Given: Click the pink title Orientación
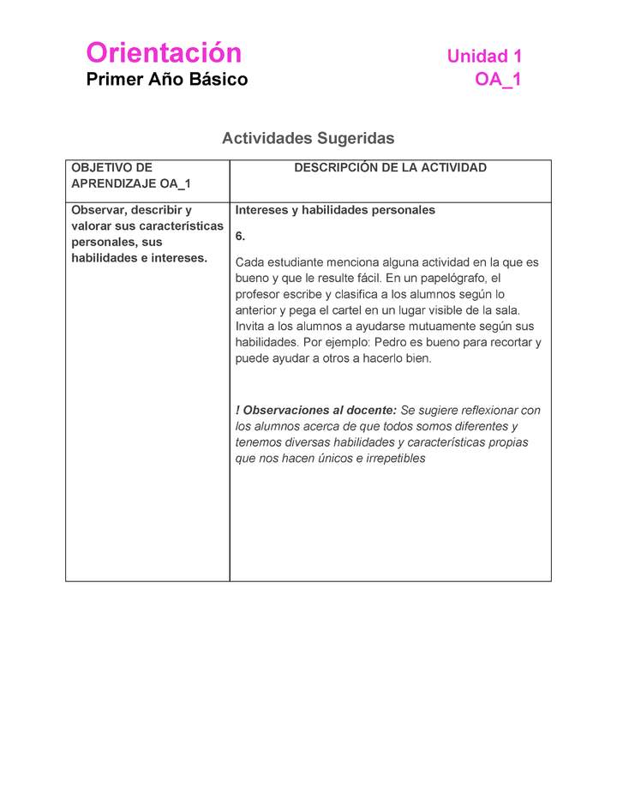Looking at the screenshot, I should [164, 53].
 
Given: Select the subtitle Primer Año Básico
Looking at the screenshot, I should [166, 80].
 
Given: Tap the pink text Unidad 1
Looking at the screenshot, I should [484, 57].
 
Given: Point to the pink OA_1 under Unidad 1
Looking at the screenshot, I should [498, 80].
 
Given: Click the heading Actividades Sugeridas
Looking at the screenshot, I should [308, 138].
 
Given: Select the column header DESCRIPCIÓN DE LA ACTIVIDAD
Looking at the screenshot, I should [390, 168].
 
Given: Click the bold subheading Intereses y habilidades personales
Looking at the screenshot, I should [335, 210].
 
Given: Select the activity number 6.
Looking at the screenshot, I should [240, 236].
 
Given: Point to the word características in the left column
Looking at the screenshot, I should [183, 226].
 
